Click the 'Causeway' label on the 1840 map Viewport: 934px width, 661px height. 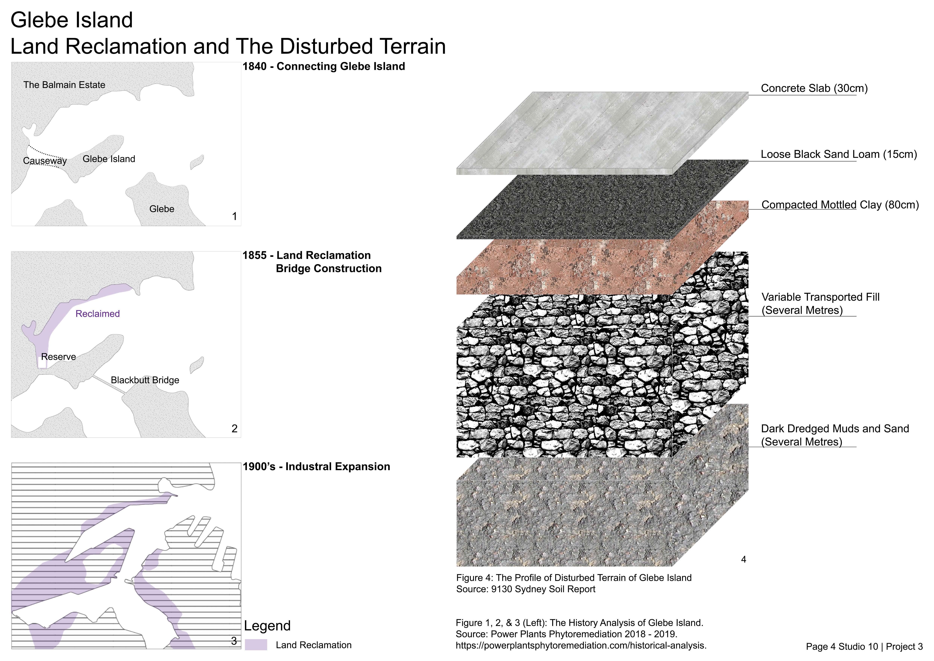(45, 161)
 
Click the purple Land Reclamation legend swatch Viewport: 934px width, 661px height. (256, 645)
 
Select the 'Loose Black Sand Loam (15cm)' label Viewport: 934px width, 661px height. (839, 154)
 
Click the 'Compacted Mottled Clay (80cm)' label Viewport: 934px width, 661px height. (840, 205)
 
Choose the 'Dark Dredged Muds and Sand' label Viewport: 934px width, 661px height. (835, 429)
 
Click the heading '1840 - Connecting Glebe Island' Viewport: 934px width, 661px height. (324, 66)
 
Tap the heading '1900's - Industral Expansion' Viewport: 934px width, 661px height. (316, 466)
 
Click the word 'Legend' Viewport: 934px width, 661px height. (267, 626)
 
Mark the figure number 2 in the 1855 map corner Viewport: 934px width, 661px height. (234, 429)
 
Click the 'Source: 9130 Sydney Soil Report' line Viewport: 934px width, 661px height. (526, 589)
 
